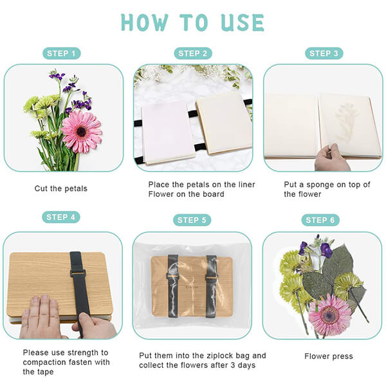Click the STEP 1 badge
(61, 53)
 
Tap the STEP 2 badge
(193, 53)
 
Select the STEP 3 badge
(324, 53)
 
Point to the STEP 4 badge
(61, 217)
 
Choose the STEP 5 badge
(192, 220)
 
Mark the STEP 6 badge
(320, 220)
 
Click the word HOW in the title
(145, 23)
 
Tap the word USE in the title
(243, 23)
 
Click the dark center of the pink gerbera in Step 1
(81, 131)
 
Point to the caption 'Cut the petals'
(61, 188)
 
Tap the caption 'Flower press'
(329, 356)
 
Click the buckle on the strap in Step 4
(78, 273)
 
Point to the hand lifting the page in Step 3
(331, 158)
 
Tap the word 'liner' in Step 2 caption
(246, 185)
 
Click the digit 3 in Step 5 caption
(233, 365)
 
